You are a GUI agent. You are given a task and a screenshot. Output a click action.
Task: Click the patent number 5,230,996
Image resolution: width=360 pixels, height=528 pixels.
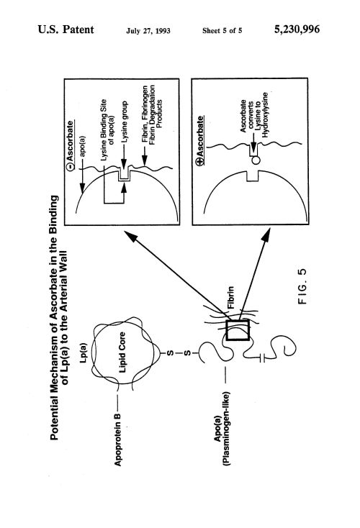point(297,29)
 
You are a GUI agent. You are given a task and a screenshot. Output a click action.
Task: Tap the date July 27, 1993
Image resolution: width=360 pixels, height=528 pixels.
point(148,31)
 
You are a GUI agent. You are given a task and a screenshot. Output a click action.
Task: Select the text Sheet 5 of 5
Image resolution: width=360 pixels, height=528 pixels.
point(222,31)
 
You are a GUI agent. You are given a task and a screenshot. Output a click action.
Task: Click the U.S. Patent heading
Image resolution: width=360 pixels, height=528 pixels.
point(66,29)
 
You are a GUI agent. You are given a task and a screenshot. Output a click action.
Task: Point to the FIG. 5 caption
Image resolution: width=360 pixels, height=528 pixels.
point(302,286)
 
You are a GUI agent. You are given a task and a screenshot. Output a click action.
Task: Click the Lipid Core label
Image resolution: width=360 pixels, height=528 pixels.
point(122,352)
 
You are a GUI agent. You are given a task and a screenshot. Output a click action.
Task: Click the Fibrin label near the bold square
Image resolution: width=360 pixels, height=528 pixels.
point(231,298)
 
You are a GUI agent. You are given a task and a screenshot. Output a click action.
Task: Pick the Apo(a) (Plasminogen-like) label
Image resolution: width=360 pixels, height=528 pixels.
point(222,428)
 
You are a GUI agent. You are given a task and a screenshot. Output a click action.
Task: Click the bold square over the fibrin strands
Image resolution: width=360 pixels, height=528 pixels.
point(238,330)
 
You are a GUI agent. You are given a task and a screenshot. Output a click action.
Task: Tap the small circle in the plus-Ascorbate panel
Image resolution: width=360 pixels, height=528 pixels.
point(256,160)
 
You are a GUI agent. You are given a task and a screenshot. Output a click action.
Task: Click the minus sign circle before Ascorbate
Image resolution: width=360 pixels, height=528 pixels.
point(70,167)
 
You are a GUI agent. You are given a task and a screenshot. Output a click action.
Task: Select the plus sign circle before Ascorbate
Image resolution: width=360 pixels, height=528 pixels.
point(201,162)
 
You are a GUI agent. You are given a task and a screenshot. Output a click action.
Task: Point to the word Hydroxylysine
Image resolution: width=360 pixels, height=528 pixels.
point(265,115)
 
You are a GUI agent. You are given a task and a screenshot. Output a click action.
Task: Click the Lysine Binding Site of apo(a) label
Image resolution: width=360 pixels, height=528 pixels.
point(107,129)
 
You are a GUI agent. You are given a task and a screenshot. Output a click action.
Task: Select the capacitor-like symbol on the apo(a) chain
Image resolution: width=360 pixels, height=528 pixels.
point(263,358)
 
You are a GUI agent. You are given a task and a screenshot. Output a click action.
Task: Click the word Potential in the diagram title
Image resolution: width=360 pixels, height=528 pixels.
point(54,422)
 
